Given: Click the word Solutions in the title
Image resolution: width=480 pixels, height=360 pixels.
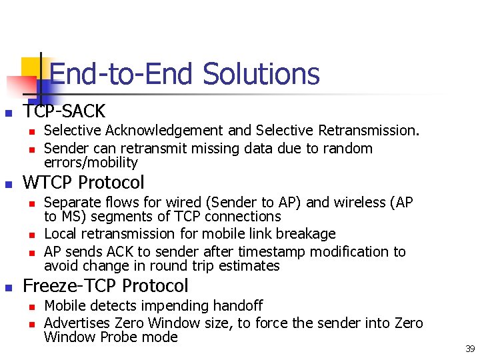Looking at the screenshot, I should [x=261, y=74].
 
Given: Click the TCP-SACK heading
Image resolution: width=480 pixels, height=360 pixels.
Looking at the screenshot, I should [x=64, y=111].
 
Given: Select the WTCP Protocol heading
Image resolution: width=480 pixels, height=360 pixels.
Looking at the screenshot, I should [x=83, y=182].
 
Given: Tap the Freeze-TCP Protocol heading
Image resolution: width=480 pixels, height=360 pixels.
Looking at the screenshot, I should [x=105, y=286].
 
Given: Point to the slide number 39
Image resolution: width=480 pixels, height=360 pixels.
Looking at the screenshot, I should [x=469, y=349].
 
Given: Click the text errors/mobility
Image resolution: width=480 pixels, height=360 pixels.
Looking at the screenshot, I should [x=91, y=163].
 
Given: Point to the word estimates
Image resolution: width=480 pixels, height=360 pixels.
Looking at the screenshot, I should [x=251, y=266].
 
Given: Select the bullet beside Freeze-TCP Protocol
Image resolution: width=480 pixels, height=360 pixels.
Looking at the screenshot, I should [x=9, y=287].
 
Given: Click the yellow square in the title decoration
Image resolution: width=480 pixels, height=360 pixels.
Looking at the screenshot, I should [x=31, y=67].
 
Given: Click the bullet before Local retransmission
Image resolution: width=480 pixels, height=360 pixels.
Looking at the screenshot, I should [x=31, y=235].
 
